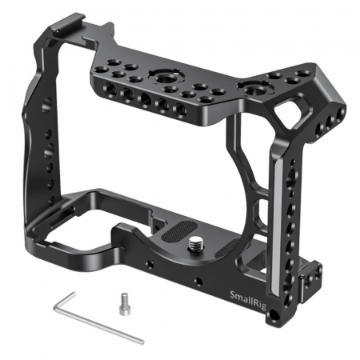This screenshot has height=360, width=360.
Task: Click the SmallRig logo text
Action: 248,301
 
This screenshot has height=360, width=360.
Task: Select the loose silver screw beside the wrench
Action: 123,304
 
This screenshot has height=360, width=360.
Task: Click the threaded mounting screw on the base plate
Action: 194,242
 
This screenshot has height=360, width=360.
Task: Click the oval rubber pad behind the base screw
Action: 179,231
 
